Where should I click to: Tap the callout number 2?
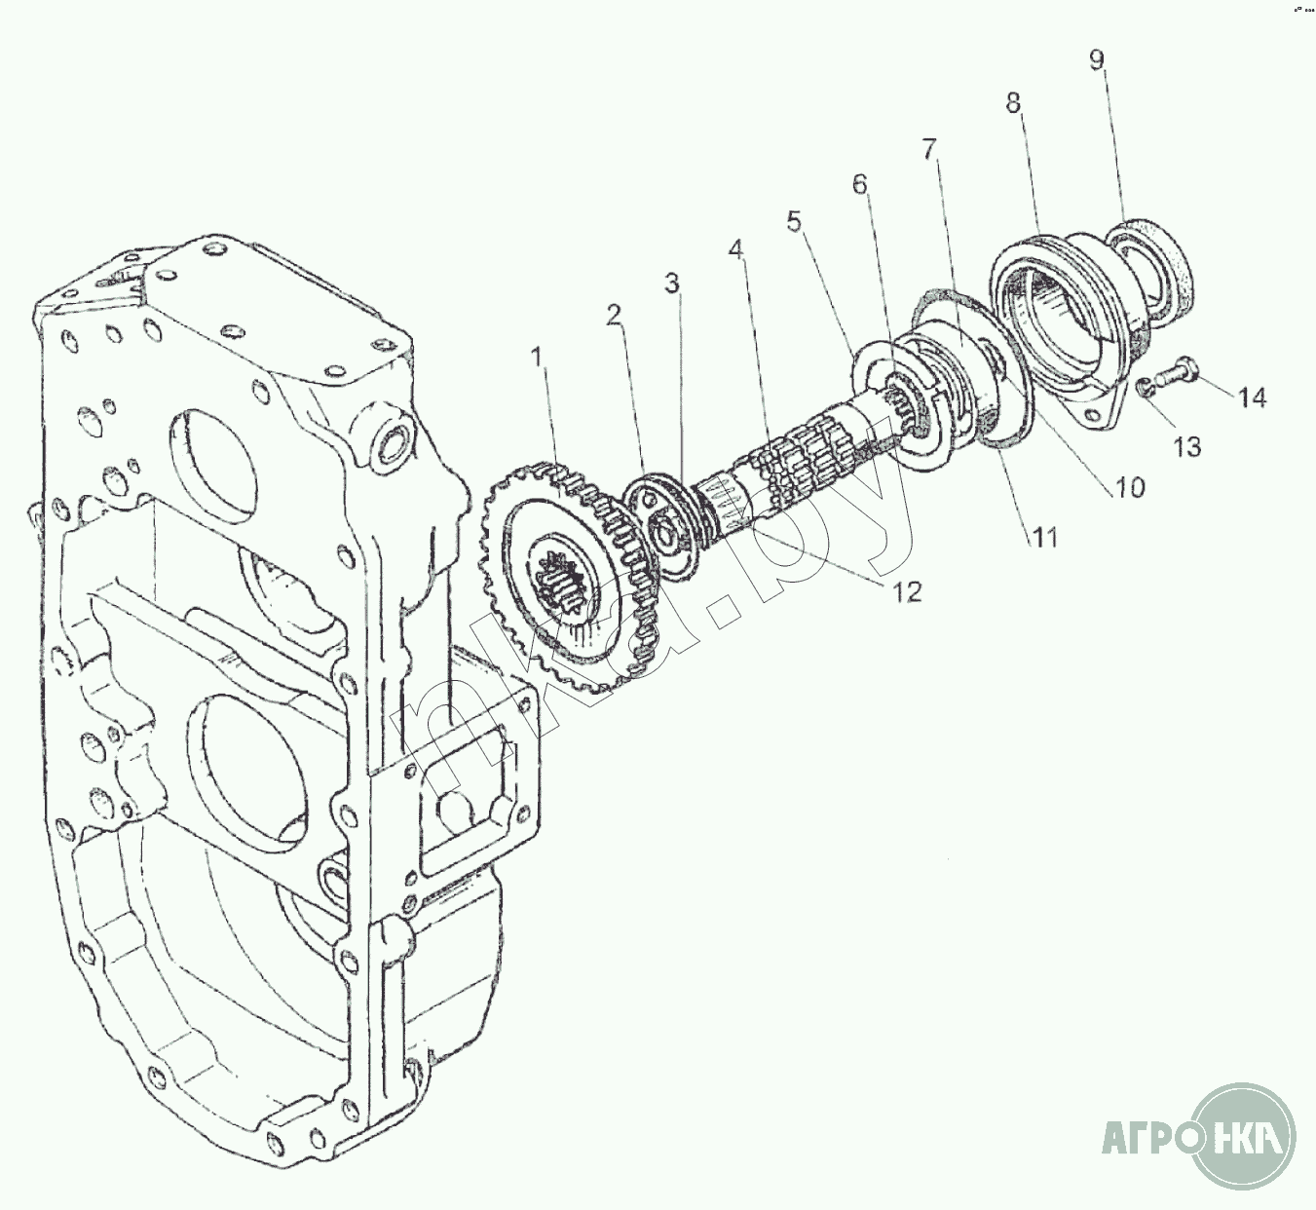tap(612, 314)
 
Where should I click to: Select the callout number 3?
tap(671, 283)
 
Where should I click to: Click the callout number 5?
tap(795, 221)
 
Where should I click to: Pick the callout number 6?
tap(859, 184)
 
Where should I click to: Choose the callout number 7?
tap(928, 150)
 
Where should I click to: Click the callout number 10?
tap(1130, 486)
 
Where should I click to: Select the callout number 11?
tap(1045, 536)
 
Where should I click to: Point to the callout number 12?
tap(906, 591)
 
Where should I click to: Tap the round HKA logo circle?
tap(1245, 1137)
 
